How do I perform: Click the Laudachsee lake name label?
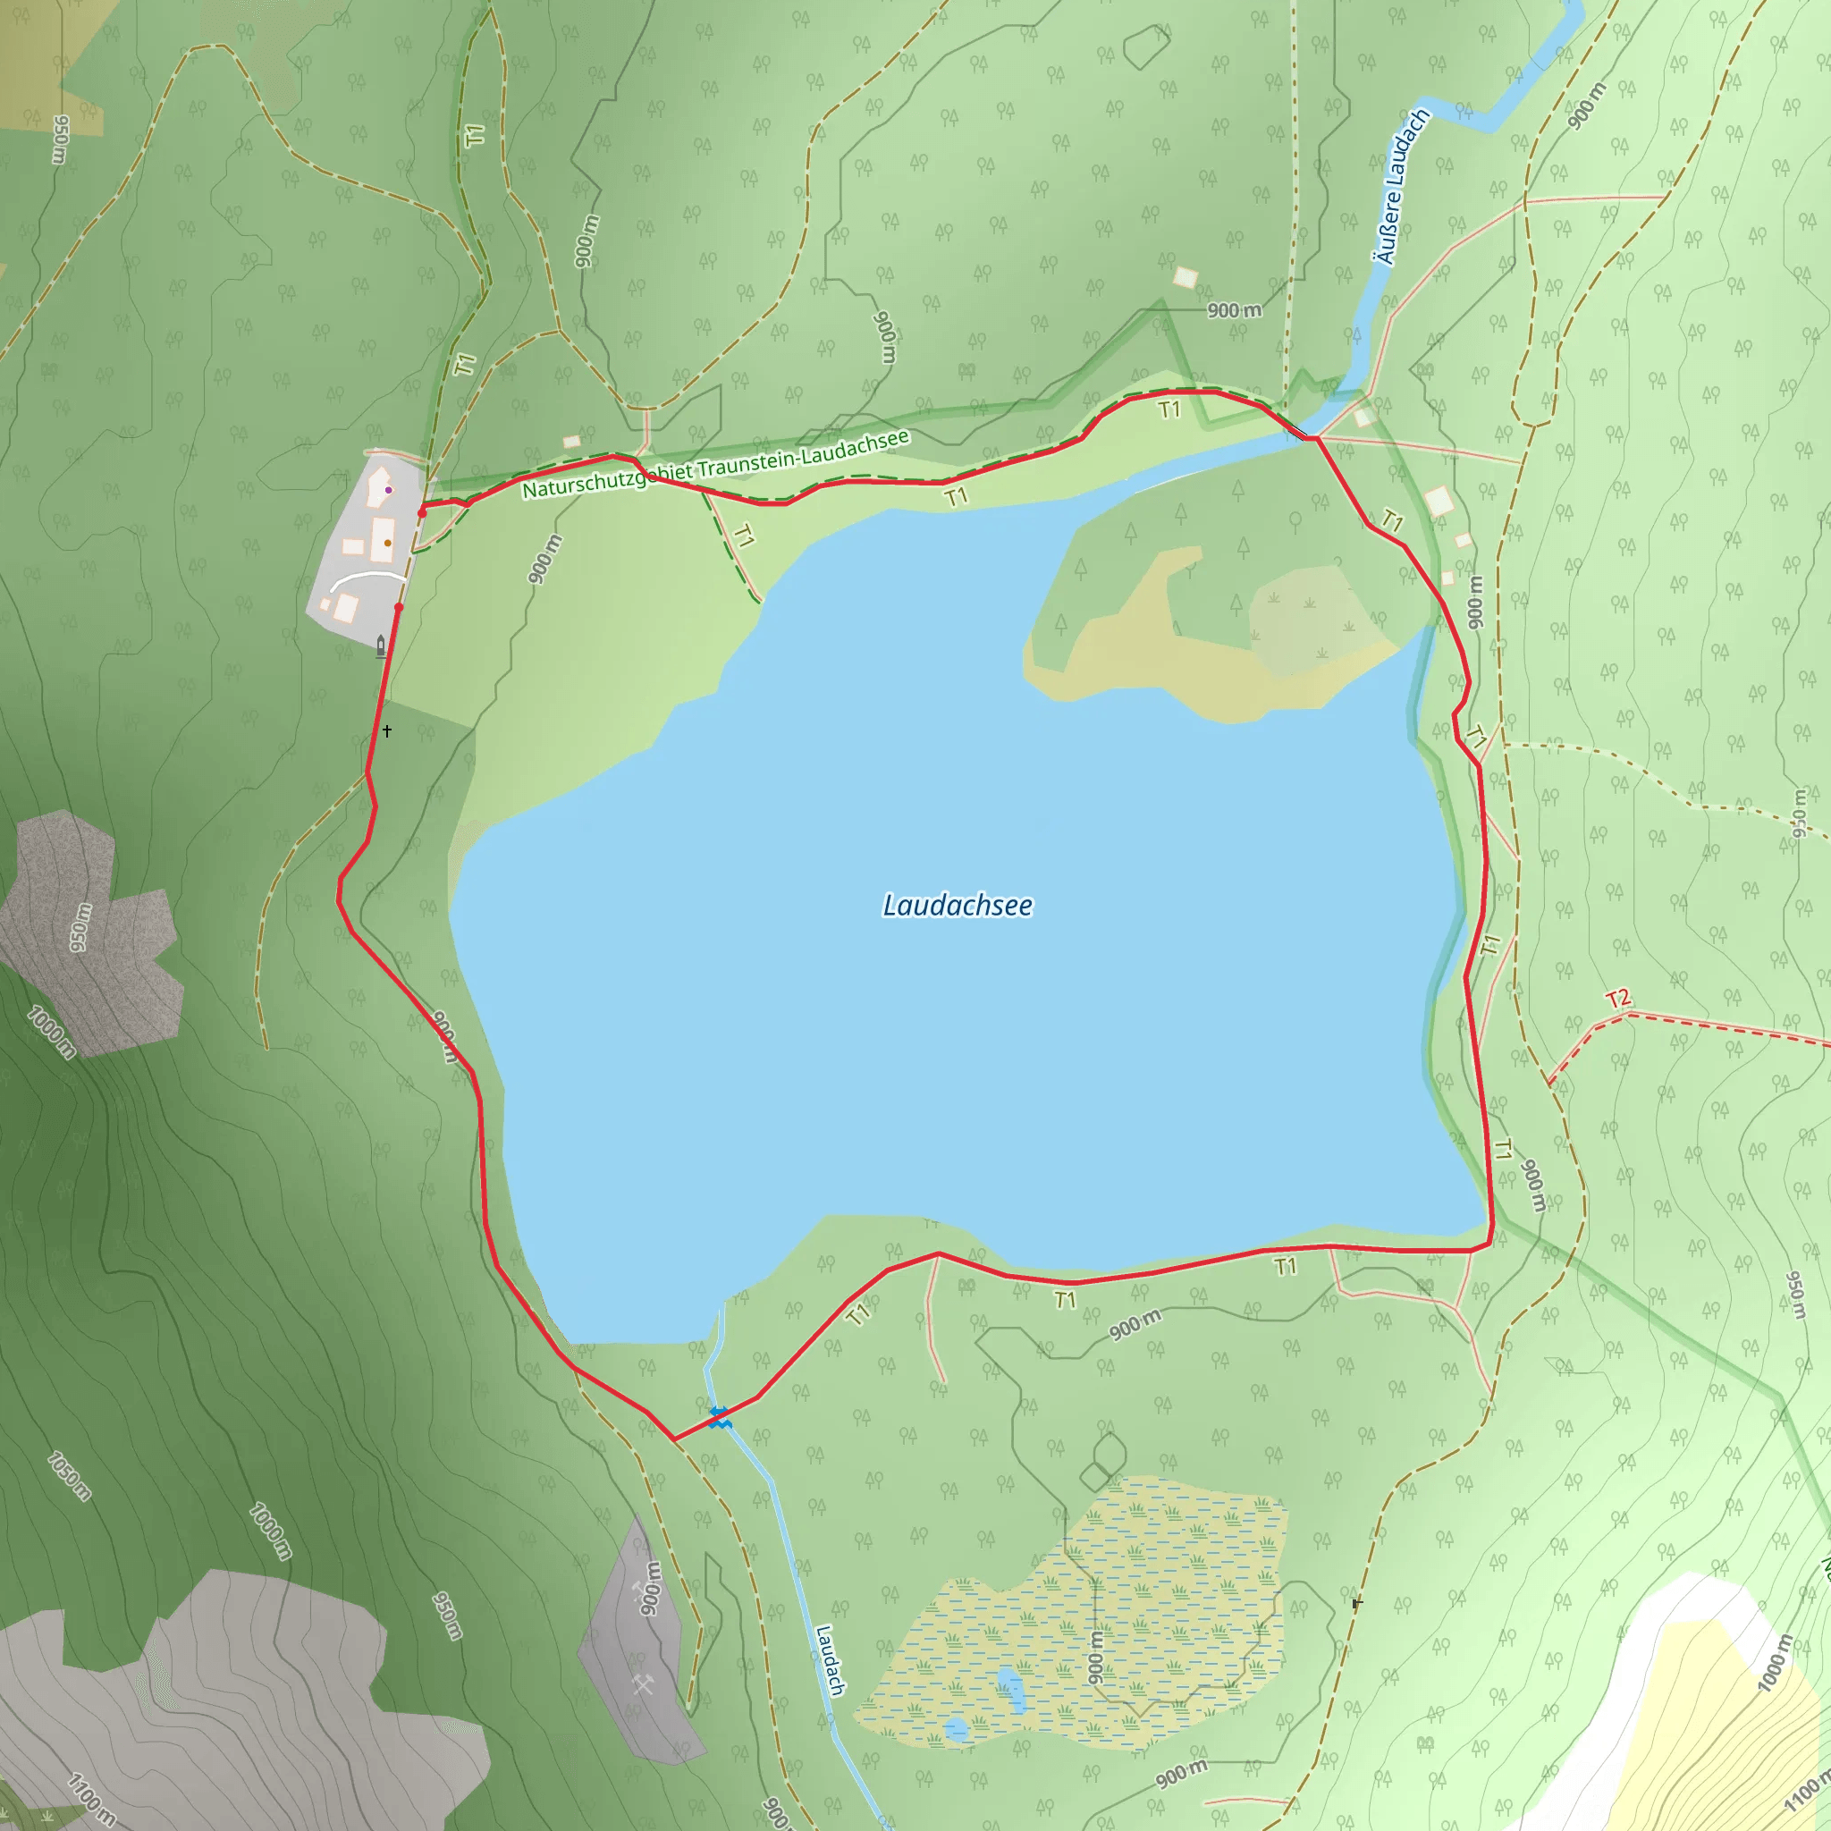pos(958,906)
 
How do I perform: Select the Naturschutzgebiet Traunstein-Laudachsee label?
pos(715,464)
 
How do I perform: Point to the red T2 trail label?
pos(1617,999)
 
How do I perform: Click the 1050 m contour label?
pos(69,1475)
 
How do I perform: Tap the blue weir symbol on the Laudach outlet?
pos(720,1418)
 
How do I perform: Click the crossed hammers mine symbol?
pos(645,1684)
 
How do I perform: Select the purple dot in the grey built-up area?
pos(389,490)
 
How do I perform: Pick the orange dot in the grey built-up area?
pos(388,543)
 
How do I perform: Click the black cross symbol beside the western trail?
pos(386,730)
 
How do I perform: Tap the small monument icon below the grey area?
pos(381,646)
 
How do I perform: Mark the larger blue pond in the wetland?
pos(1011,1691)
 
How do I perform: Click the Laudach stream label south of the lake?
pos(831,1659)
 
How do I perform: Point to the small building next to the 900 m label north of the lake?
pos(1185,278)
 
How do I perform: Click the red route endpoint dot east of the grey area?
pos(422,512)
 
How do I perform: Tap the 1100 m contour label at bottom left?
pos(92,1799)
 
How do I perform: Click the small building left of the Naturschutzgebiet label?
pos(571,442)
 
